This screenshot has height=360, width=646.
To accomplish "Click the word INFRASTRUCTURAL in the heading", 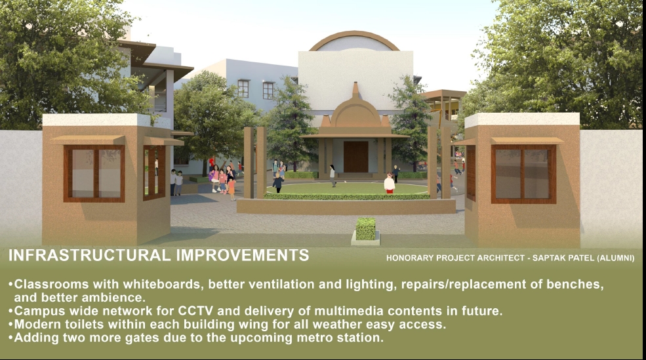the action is (x=89, y=255).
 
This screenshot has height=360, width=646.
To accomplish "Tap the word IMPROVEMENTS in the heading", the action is (x=243, y=255).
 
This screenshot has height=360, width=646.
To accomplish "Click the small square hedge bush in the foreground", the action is (x=365, y=229).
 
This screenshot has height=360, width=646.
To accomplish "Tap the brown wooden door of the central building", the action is (x=355, y=157).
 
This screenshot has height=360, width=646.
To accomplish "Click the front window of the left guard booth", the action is (x=94, y=173).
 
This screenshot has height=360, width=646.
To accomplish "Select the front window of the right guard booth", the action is (x=523, y=174).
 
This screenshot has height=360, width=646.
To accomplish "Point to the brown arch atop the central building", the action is (x=354, y=36).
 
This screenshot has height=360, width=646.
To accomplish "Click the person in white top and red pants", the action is (x=390, y=184).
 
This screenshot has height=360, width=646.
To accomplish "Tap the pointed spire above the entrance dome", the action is (x=355, y=90).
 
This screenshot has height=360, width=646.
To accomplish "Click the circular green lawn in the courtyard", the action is (x=348, y=189).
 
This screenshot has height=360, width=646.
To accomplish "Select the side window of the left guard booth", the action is (x=154, y=172).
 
